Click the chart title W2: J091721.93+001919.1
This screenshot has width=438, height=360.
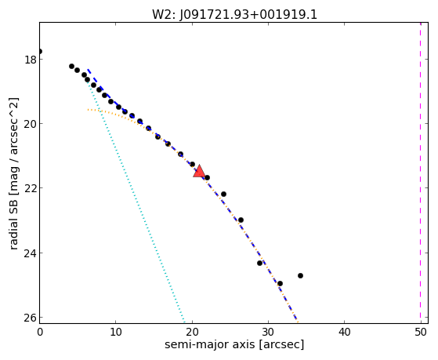[x=234, y=14]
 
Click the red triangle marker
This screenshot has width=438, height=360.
[x=199, y=172]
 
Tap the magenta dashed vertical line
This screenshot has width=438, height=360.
[x=421, y=173]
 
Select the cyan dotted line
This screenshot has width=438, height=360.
[x=136, y=201]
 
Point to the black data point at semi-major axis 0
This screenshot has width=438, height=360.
[x=40, y=51]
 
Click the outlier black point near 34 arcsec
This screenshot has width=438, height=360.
[x=300, y=275]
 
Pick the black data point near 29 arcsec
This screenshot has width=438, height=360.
[x=259, y=263]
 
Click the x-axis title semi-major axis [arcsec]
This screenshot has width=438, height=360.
[x=234, y=344]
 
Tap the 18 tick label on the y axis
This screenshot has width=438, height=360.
[x=31, y=60]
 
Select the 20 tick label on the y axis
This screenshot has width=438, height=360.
[x=31, y=123]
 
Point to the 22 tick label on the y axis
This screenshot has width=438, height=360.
[x=31, y=187]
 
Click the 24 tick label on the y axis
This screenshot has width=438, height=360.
[x=31, y=253]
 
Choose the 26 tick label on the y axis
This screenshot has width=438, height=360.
[x=31, y=317]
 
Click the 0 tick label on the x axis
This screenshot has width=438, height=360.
[x=40, y=332]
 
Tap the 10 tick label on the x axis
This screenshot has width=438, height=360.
[x=116, y=332]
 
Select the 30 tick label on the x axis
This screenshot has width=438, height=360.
[x=268, y=332]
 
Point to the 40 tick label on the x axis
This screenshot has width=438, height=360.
[x=345, y=332]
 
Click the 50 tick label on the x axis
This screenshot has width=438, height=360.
[x=421, y=332]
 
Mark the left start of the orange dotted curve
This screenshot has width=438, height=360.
[x=88, y=109]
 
